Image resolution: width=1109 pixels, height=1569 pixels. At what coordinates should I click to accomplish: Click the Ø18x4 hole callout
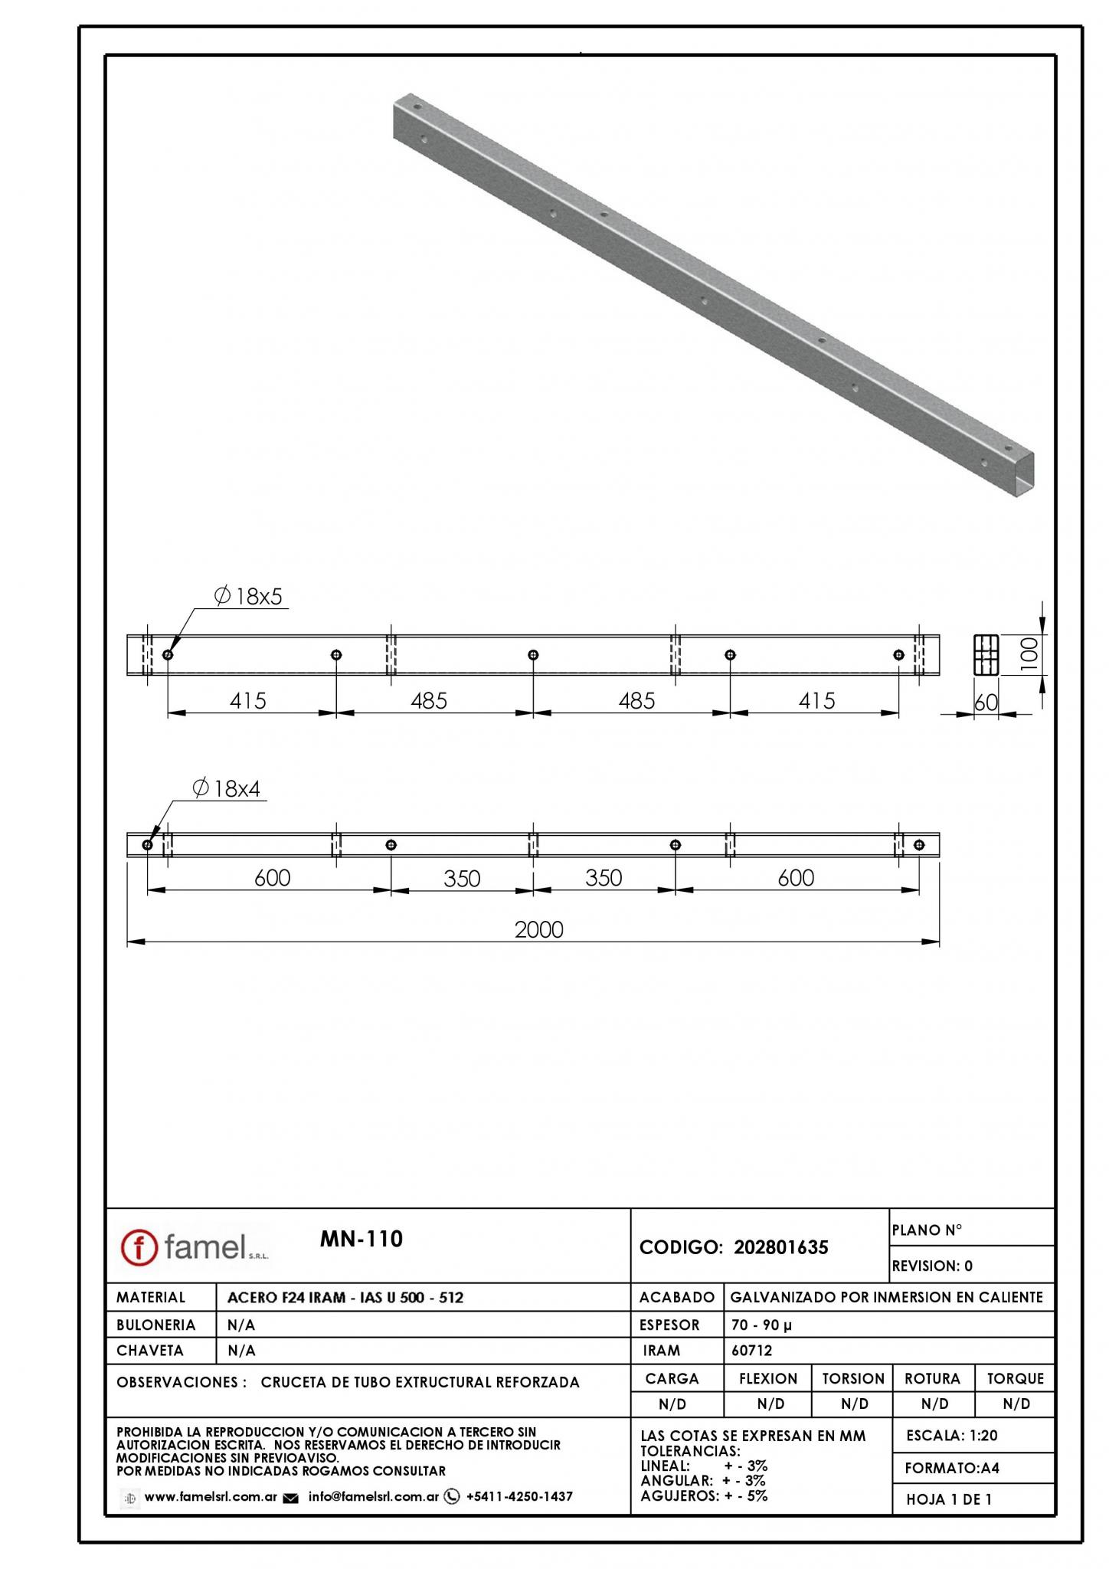(x=228, y=788)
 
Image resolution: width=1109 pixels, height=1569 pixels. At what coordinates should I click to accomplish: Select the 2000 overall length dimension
(x=539, y=929)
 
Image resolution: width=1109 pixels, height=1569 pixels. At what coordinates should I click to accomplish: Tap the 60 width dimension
(x=986, y=703)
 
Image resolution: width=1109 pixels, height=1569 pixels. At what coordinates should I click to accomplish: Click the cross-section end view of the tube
(x=986, y=655)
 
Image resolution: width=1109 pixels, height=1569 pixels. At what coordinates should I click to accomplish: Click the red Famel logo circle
(x=139, y=1247)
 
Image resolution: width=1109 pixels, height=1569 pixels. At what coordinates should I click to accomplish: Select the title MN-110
(x=361, y=1239)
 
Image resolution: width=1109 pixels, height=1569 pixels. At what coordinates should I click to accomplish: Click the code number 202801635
(x=781, y=1247)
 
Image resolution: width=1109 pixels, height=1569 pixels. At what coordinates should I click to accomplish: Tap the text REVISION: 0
(x=932, y=1266)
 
